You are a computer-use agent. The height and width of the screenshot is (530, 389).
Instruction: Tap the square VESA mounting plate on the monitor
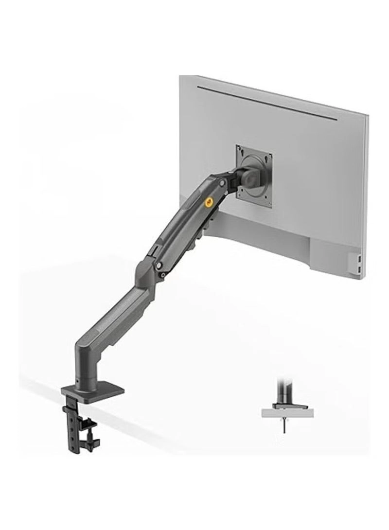point(253,176)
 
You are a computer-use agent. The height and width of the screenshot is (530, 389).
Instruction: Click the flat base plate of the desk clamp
point(93,390)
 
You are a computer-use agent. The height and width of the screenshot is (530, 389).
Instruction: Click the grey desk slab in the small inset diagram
point(287,413)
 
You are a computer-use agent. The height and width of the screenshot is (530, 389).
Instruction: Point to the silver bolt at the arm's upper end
point(223,182)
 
